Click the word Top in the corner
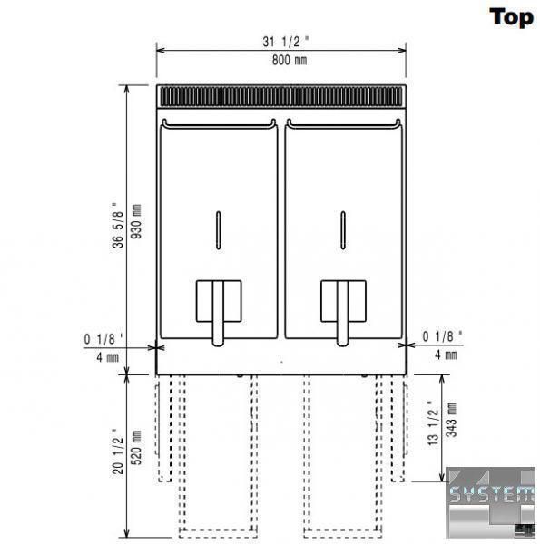pyautogui.click(x=511, y=18)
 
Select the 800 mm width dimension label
pyautogui.click(x=290, y=60)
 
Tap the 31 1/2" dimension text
pyautogui.click(x=286, y=42)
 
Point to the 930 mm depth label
pyautogui.click(x=136, y=221)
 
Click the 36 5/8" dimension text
pyautogui.click(x=118, y=225)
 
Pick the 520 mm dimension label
pyautogui.click(x=136, y=448)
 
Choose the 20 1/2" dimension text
pyautogui.click(x=118, y=452)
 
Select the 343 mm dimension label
pyautogui.click(x=451, y=420)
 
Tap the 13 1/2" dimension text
pyautogui.click(x=433, y=423)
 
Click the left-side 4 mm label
pyautogui.click(x=108, y=357)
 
